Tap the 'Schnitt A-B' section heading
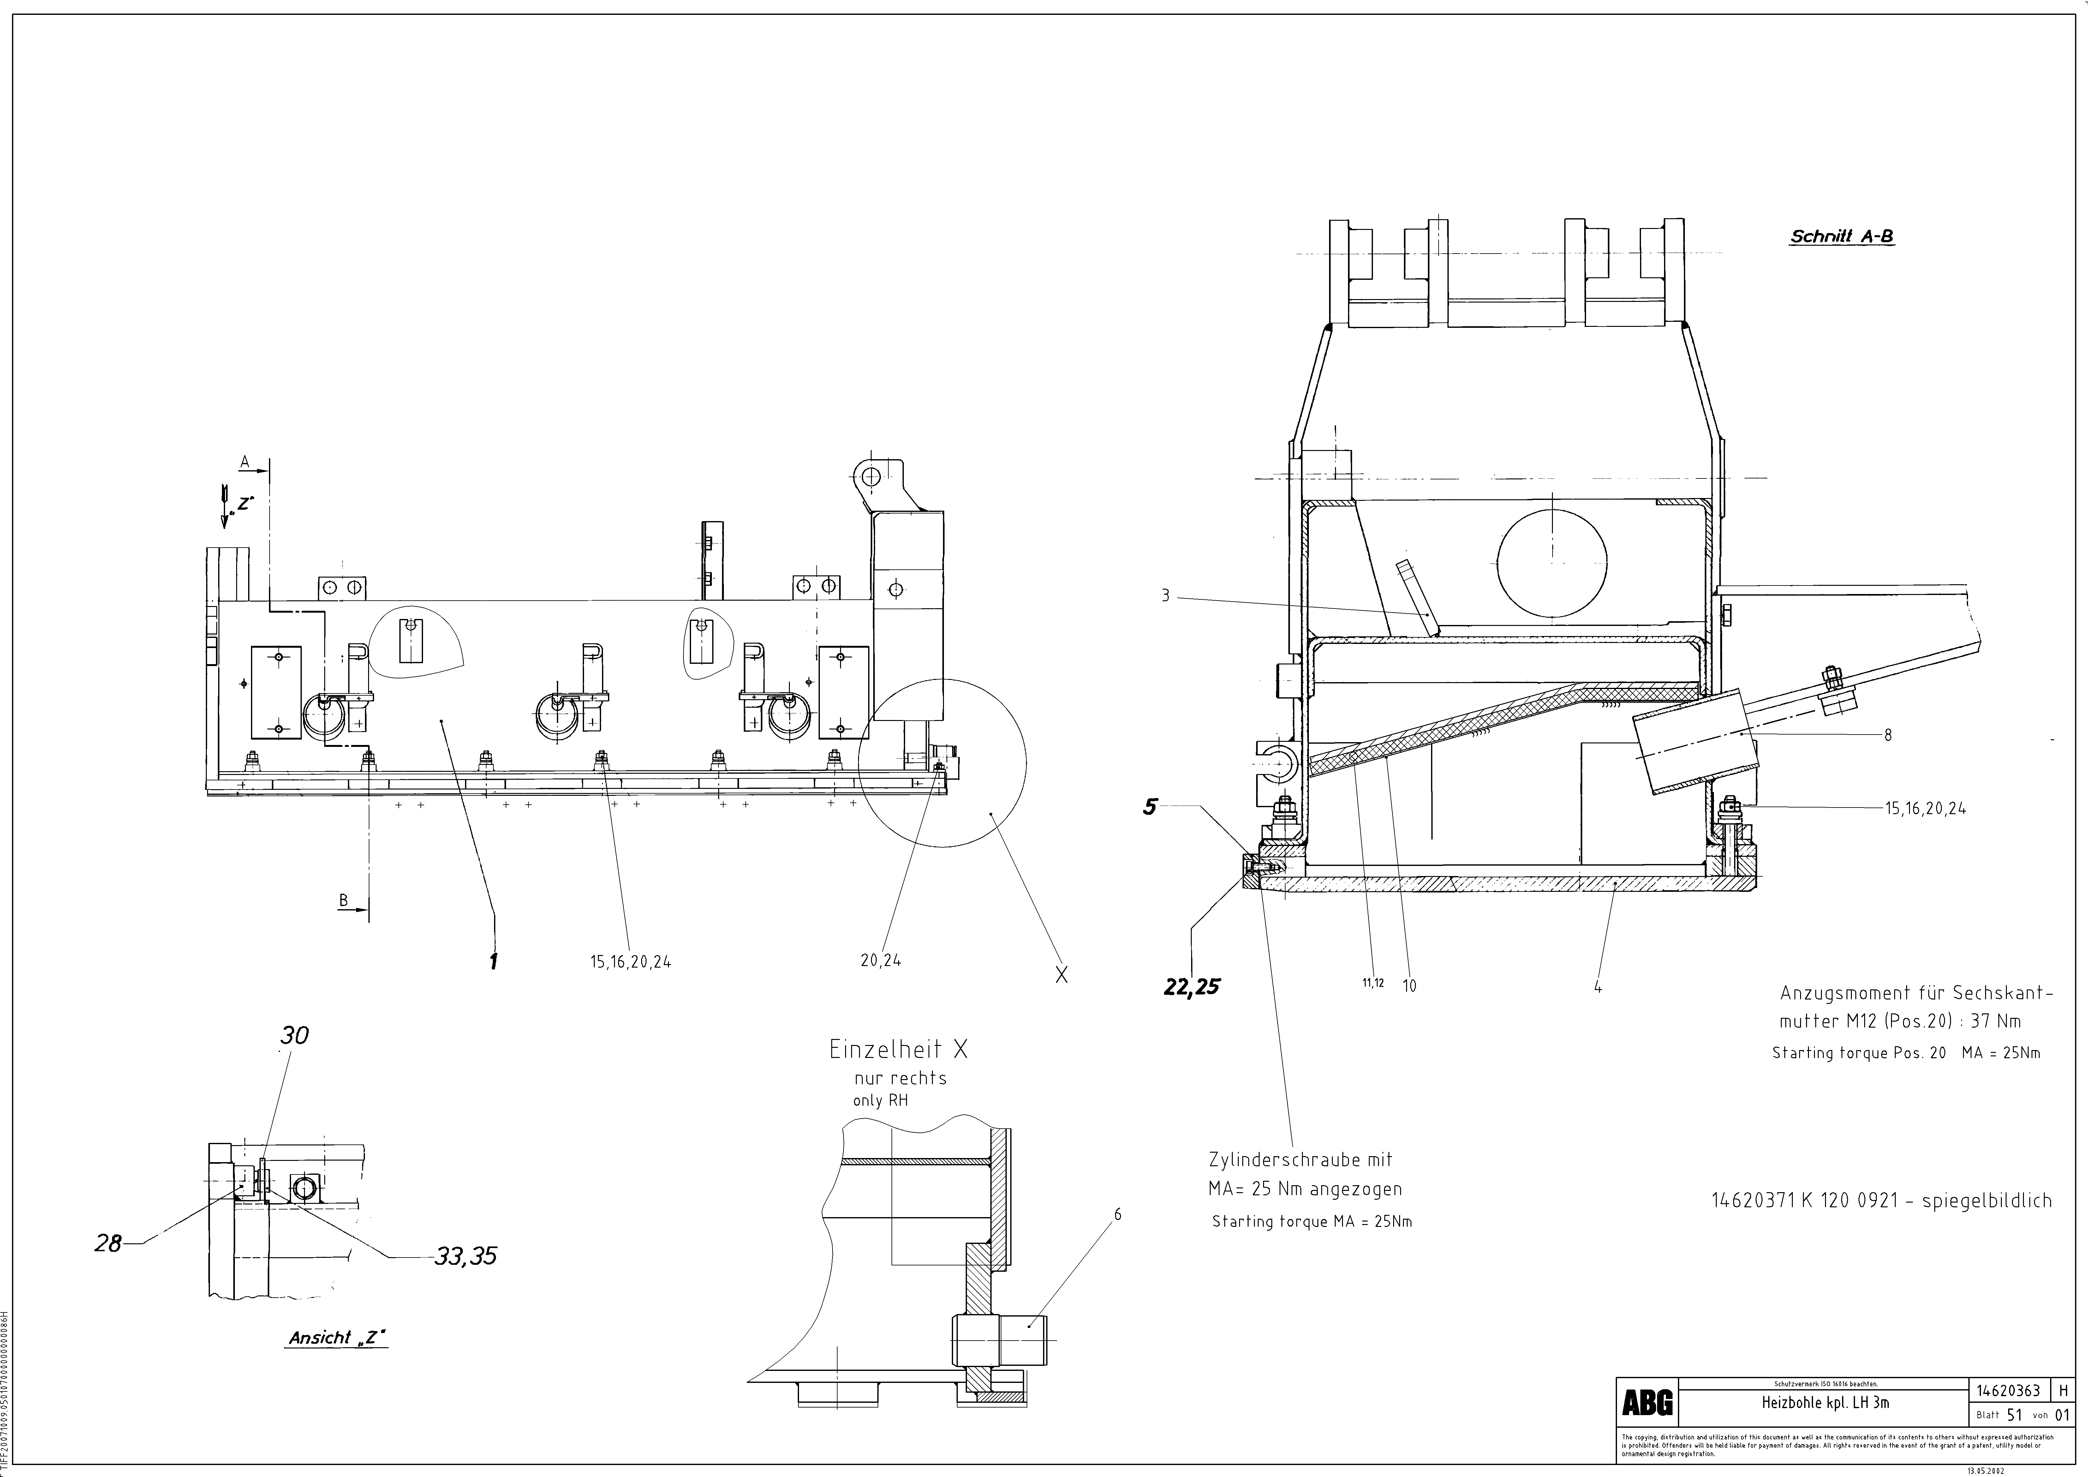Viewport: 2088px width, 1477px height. pyautogui.click(x=1841, y=237)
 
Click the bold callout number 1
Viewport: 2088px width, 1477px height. pyautogui.click(x=494, y=961)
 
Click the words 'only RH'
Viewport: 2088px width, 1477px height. pyautogui.click(x=880, y=1101)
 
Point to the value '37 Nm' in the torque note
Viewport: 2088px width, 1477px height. pyautogui.click(x=1996, y=1021)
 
